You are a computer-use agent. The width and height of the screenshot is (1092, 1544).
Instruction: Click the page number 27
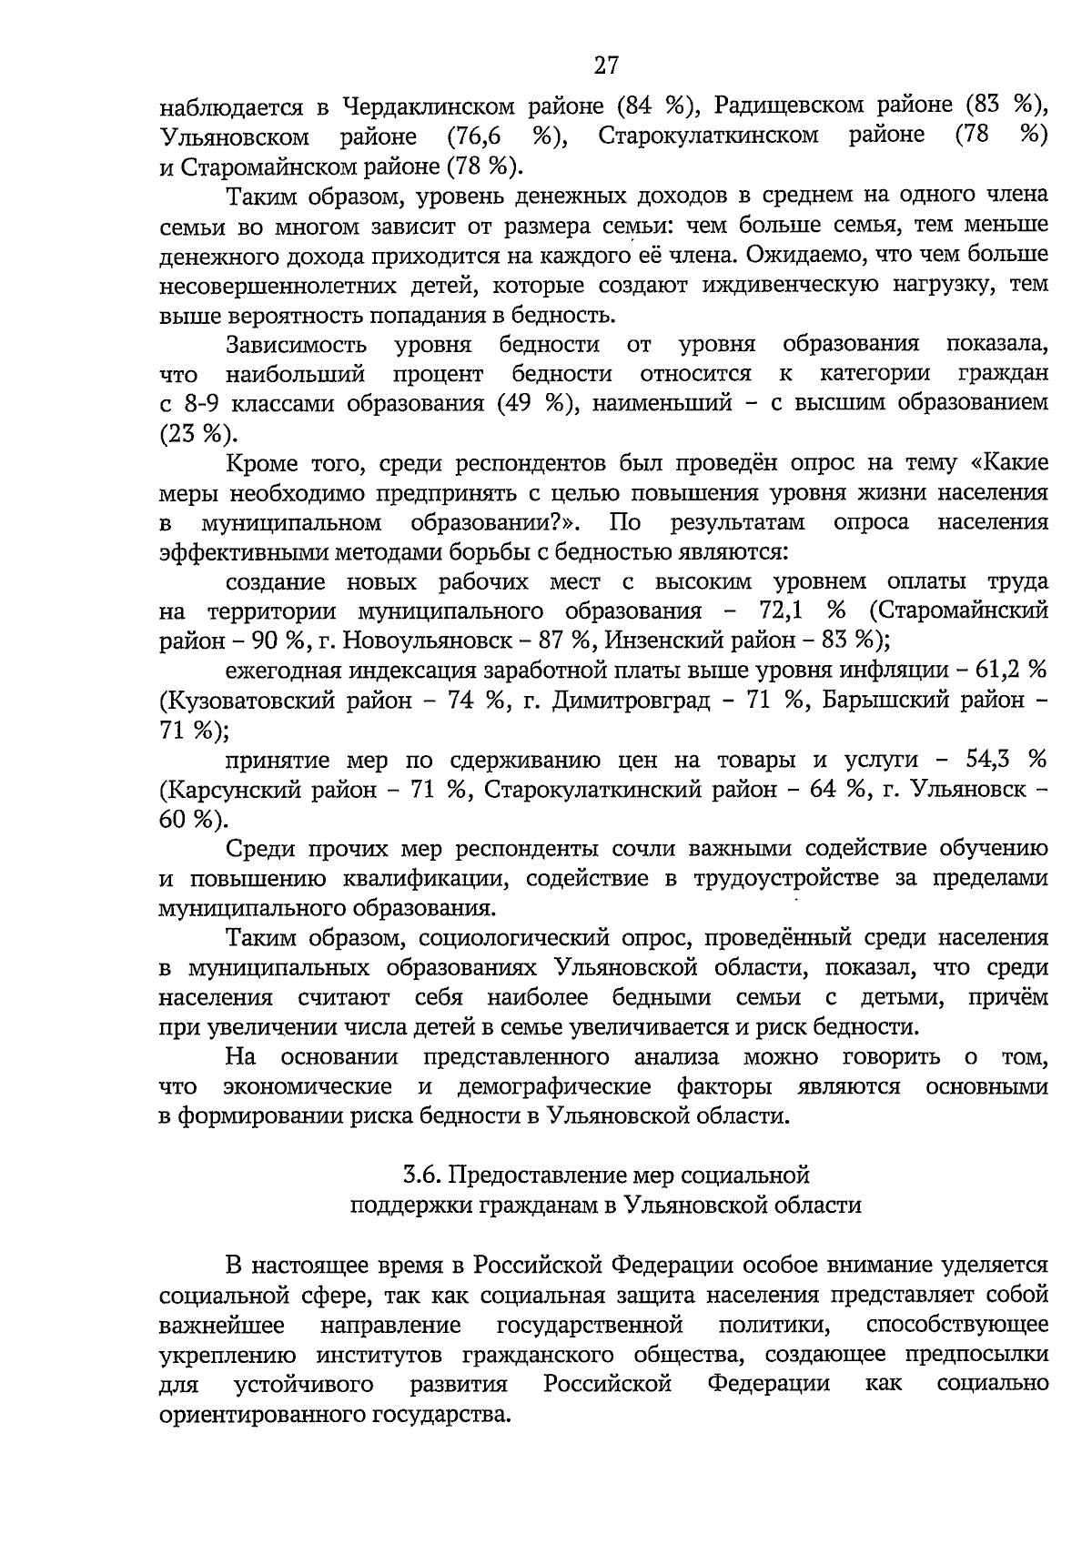click(606, 66)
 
